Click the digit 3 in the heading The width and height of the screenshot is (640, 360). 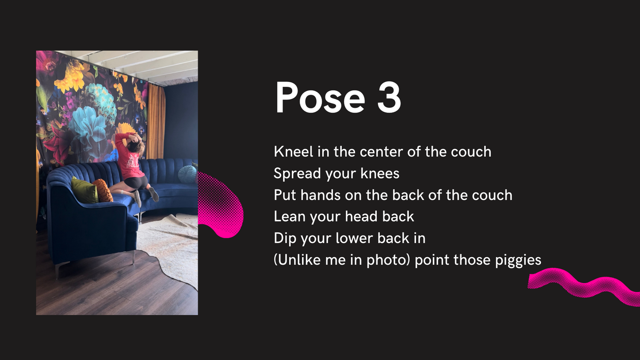point(389,97)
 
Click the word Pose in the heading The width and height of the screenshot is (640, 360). point(320,97)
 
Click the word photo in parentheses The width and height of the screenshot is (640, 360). point(388,261)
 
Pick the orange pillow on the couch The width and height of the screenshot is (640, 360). point(102,190)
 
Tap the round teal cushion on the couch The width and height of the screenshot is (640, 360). point(187,173)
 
